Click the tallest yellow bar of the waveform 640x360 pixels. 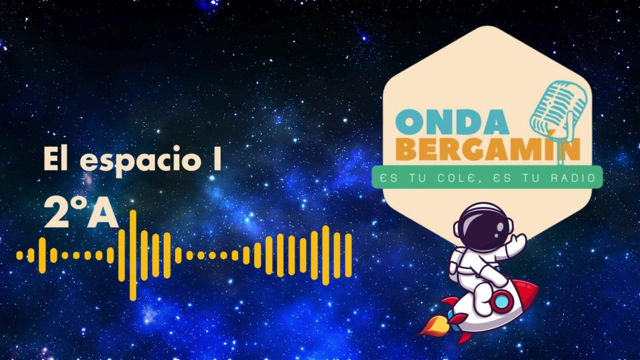133,255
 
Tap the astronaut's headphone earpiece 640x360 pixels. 509,226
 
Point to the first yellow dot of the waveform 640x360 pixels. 19,255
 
